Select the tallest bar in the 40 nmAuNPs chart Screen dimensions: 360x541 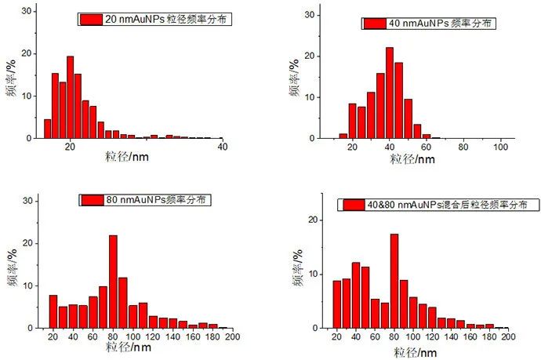(x=389, y=93)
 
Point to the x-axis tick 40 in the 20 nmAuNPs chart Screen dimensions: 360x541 (x=222, y=147)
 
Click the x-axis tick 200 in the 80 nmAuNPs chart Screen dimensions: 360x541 (x=232, y=337)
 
